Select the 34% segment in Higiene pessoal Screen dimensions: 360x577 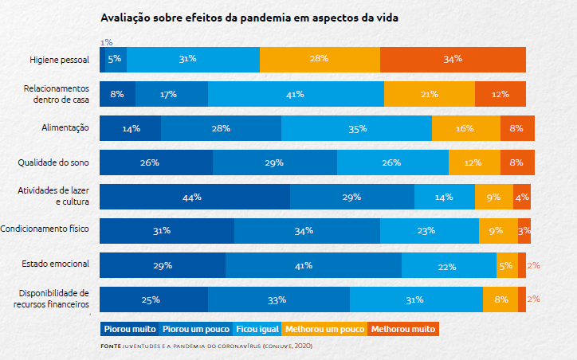pyautogui.click(x=453, y=60)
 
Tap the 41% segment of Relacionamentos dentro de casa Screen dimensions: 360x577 pyautogui.click(x=296, y=94)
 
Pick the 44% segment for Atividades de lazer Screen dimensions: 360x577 pyautogui.click(x=194, y=197)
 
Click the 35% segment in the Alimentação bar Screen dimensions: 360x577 pyautogui.click(x=356, y=128)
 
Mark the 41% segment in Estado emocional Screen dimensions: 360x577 pyautogui.click(x=313, y=265)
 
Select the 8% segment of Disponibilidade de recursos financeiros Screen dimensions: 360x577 pyautogui.click(x=500, y=299)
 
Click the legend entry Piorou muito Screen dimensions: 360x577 pyautogui.click(x=129, y=328)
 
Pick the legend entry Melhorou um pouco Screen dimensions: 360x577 pyautogui.click(x=324, y=328)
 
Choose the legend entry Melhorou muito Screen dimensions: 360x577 pyautogui.click(x=402, y=328)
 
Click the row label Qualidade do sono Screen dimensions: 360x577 pyautogui.click(x=53, y=162)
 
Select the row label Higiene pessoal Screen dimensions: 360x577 pyautogui.click(x=59, y=60)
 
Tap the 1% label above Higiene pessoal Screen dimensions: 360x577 pyautogui.click(x=107, y=41)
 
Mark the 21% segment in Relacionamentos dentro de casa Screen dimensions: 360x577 pyautogui.click(x=429, y=94)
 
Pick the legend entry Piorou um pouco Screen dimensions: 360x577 pyautogui.click(x=194, y=328)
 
